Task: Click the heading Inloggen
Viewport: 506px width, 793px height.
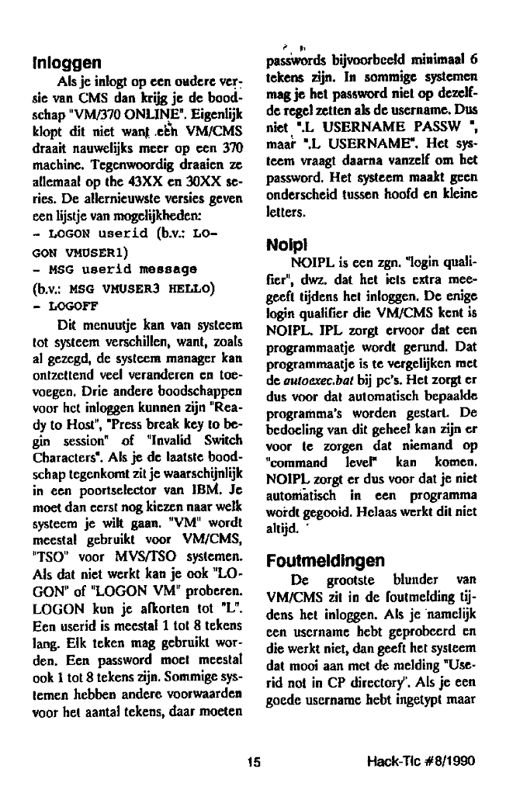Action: (x=64, y=60)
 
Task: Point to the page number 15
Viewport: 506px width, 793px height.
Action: (x=251, y=761)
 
